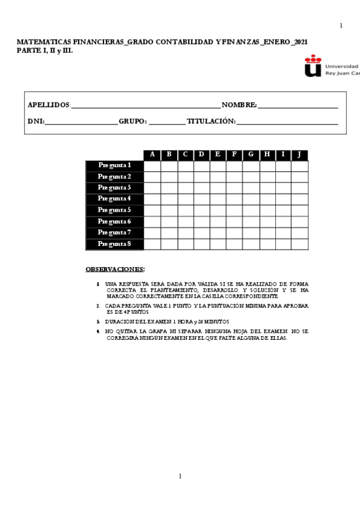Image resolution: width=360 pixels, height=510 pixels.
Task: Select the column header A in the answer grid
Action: tap(152, 155)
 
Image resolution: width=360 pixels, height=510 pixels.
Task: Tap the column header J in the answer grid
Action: tap(299, 155)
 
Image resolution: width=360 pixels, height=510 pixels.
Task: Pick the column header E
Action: tap(218, 155)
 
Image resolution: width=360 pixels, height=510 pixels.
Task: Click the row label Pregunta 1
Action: tap(115, 165)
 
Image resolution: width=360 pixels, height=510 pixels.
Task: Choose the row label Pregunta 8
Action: tap(115, 244)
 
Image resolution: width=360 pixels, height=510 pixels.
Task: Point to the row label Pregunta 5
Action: tap(115, 210)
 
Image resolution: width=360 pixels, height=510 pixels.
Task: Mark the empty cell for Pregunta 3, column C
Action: tap(185, 188)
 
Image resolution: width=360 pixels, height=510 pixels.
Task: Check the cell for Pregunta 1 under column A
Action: tap(152, 165)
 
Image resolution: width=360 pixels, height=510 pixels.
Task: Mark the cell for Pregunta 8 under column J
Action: tap(299, 244)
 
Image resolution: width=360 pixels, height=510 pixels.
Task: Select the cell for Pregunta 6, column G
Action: tap(251, 221)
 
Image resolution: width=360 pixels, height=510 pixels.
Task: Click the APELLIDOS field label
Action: tap(49, 105)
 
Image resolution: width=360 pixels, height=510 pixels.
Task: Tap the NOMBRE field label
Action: tap(239, 105)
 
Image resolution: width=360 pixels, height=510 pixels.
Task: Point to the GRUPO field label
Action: tap(132, 121)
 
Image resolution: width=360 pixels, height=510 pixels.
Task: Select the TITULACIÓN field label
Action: tap(211, 121)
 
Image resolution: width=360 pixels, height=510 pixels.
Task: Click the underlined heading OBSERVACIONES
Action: tap(115, 269)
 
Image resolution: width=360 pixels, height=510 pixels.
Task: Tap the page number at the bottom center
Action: tap(180, 476)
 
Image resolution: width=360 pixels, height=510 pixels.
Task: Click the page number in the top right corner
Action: tap(341, 25)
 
